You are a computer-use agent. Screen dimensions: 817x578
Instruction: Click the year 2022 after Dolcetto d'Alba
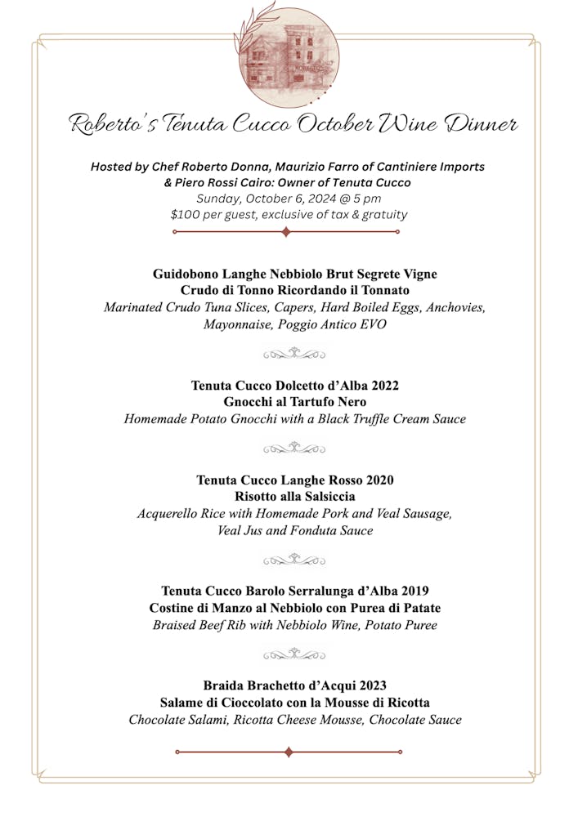(x=381, y=385)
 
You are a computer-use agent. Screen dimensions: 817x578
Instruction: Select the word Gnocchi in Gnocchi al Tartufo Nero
(x=249, y=402)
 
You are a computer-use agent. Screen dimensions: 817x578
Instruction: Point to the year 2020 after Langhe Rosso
(x=376, y=480)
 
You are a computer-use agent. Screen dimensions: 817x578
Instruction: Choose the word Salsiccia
(x=325, y=497)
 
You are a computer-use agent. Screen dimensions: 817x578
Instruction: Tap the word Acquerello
(x=169, y=514)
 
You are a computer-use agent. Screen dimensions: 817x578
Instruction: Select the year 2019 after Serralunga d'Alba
(x=413, y=591)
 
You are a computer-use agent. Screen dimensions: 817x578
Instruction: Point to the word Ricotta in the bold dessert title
(x=406, y=703)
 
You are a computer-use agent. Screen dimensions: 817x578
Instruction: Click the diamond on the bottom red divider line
(x=288, y=752)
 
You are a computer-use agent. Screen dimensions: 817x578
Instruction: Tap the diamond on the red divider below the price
(x=285, y=232)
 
